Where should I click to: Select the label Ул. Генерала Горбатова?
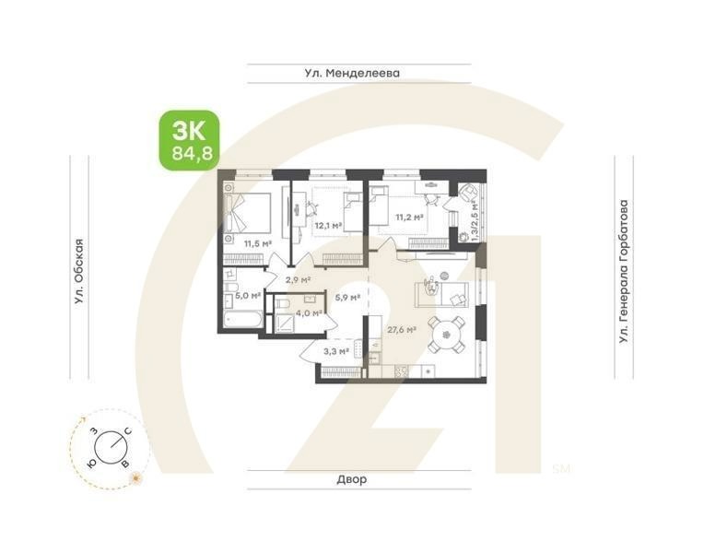[626, 272]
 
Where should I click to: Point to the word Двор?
[351, 480]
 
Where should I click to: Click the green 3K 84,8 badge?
[191, 140]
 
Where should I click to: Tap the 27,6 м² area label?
[402, 328]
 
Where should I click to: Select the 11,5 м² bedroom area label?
[257, 243]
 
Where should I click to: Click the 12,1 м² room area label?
[327, 224]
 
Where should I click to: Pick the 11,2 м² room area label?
[409, 218]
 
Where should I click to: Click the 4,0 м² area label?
[309, 313]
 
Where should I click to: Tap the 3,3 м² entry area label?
[335, 350]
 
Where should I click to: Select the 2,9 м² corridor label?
[297, 279]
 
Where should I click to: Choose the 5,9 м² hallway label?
[346, 297]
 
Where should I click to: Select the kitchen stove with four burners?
[402, 371]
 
